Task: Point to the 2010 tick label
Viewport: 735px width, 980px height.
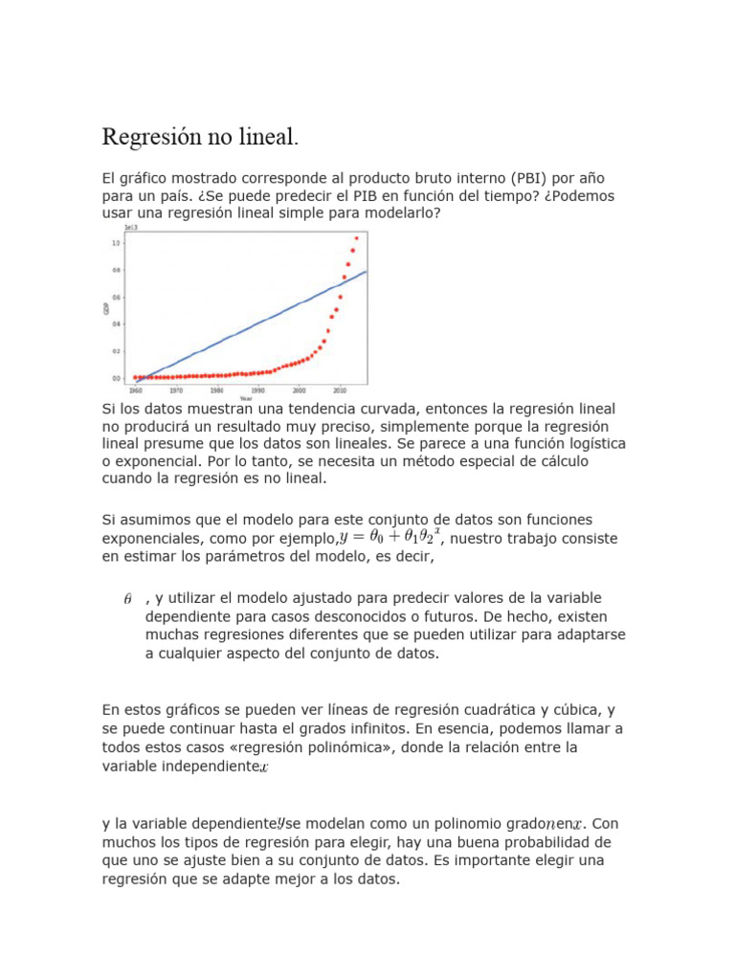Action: [x=340, y=390]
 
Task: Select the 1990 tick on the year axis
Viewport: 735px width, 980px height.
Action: [x=258, y=390]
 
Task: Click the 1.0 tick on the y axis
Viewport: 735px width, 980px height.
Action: [x=116, y=243]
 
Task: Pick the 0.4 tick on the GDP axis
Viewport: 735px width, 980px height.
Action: [x=116, y=323]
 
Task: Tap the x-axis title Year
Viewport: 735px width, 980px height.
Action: [x=246, y=398]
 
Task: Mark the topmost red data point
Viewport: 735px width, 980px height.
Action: [x=357, y=238]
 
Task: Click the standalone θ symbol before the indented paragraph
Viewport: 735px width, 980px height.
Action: [x=128, y=599]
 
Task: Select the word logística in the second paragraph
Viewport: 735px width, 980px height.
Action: [x=591, y=443]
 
